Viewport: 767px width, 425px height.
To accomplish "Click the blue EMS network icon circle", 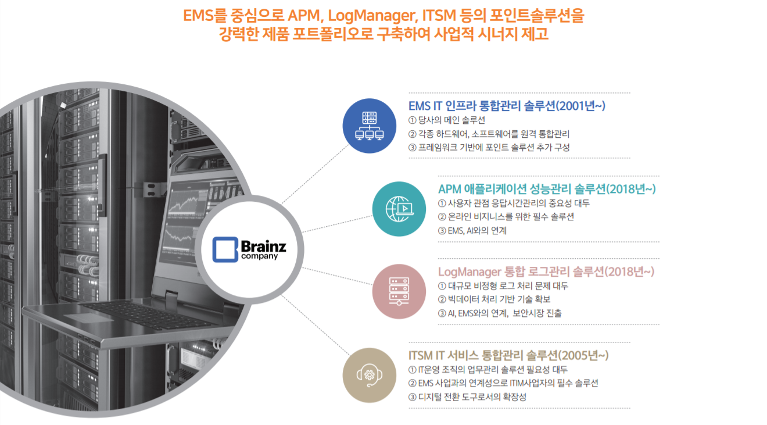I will pyautogui.click(x=369, y=126).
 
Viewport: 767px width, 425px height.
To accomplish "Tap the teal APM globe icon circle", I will pyautogui.click(x=399, y=209).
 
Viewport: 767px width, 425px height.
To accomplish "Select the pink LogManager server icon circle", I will pyautogui.click(x=399, y=292).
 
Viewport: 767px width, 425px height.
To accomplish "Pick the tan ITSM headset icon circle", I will pyautogui.click(x=370, y=375).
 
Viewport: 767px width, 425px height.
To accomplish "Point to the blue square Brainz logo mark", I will pyautogui.click(x=225, y=249).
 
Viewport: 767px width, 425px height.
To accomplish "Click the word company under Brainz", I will pyautogui.click(x=259, y=256).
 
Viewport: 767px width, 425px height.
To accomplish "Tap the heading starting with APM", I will pyautogui.click(x=547, y=189).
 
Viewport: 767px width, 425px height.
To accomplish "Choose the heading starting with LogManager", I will pyautogui.click(x=546, y=272).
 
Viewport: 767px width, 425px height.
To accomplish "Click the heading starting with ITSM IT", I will pyautogui.click(x=508, y=355).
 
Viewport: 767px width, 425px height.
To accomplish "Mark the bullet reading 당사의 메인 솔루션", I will pyautogui.click(x=447, y=120).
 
